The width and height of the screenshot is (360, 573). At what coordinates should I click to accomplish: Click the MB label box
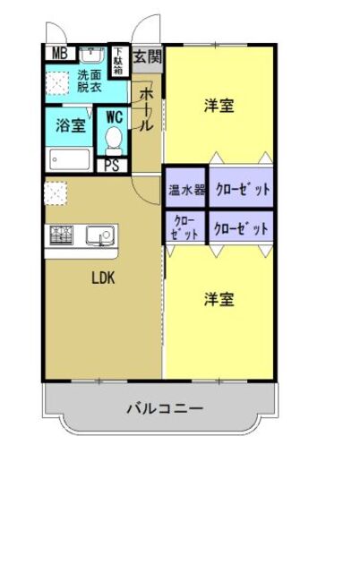click(59, 53)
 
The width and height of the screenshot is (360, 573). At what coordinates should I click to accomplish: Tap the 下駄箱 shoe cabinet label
click(117, 59)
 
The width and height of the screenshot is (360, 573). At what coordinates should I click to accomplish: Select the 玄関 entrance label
click(148, 56)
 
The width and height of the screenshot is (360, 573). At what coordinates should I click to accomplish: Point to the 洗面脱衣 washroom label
click(90, 82)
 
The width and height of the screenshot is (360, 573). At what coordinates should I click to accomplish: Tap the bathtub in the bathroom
click(68, 160)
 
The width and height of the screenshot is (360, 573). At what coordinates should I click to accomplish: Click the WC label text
click(114, 116)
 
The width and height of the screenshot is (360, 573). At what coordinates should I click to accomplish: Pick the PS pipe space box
click(113, 165)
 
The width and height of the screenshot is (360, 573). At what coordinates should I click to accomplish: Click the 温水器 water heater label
click(186, 190)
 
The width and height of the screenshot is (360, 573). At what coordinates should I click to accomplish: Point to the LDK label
click(103, 277)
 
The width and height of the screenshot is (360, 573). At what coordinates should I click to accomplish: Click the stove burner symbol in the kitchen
click(61, 235)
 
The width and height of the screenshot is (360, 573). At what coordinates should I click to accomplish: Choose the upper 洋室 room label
click(219, 106)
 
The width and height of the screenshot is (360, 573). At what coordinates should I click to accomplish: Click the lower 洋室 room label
click(219, 299)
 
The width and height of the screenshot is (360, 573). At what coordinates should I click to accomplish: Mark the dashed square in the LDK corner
click(55, 192)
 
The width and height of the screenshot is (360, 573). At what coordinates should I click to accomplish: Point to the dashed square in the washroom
click(57, 83)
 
